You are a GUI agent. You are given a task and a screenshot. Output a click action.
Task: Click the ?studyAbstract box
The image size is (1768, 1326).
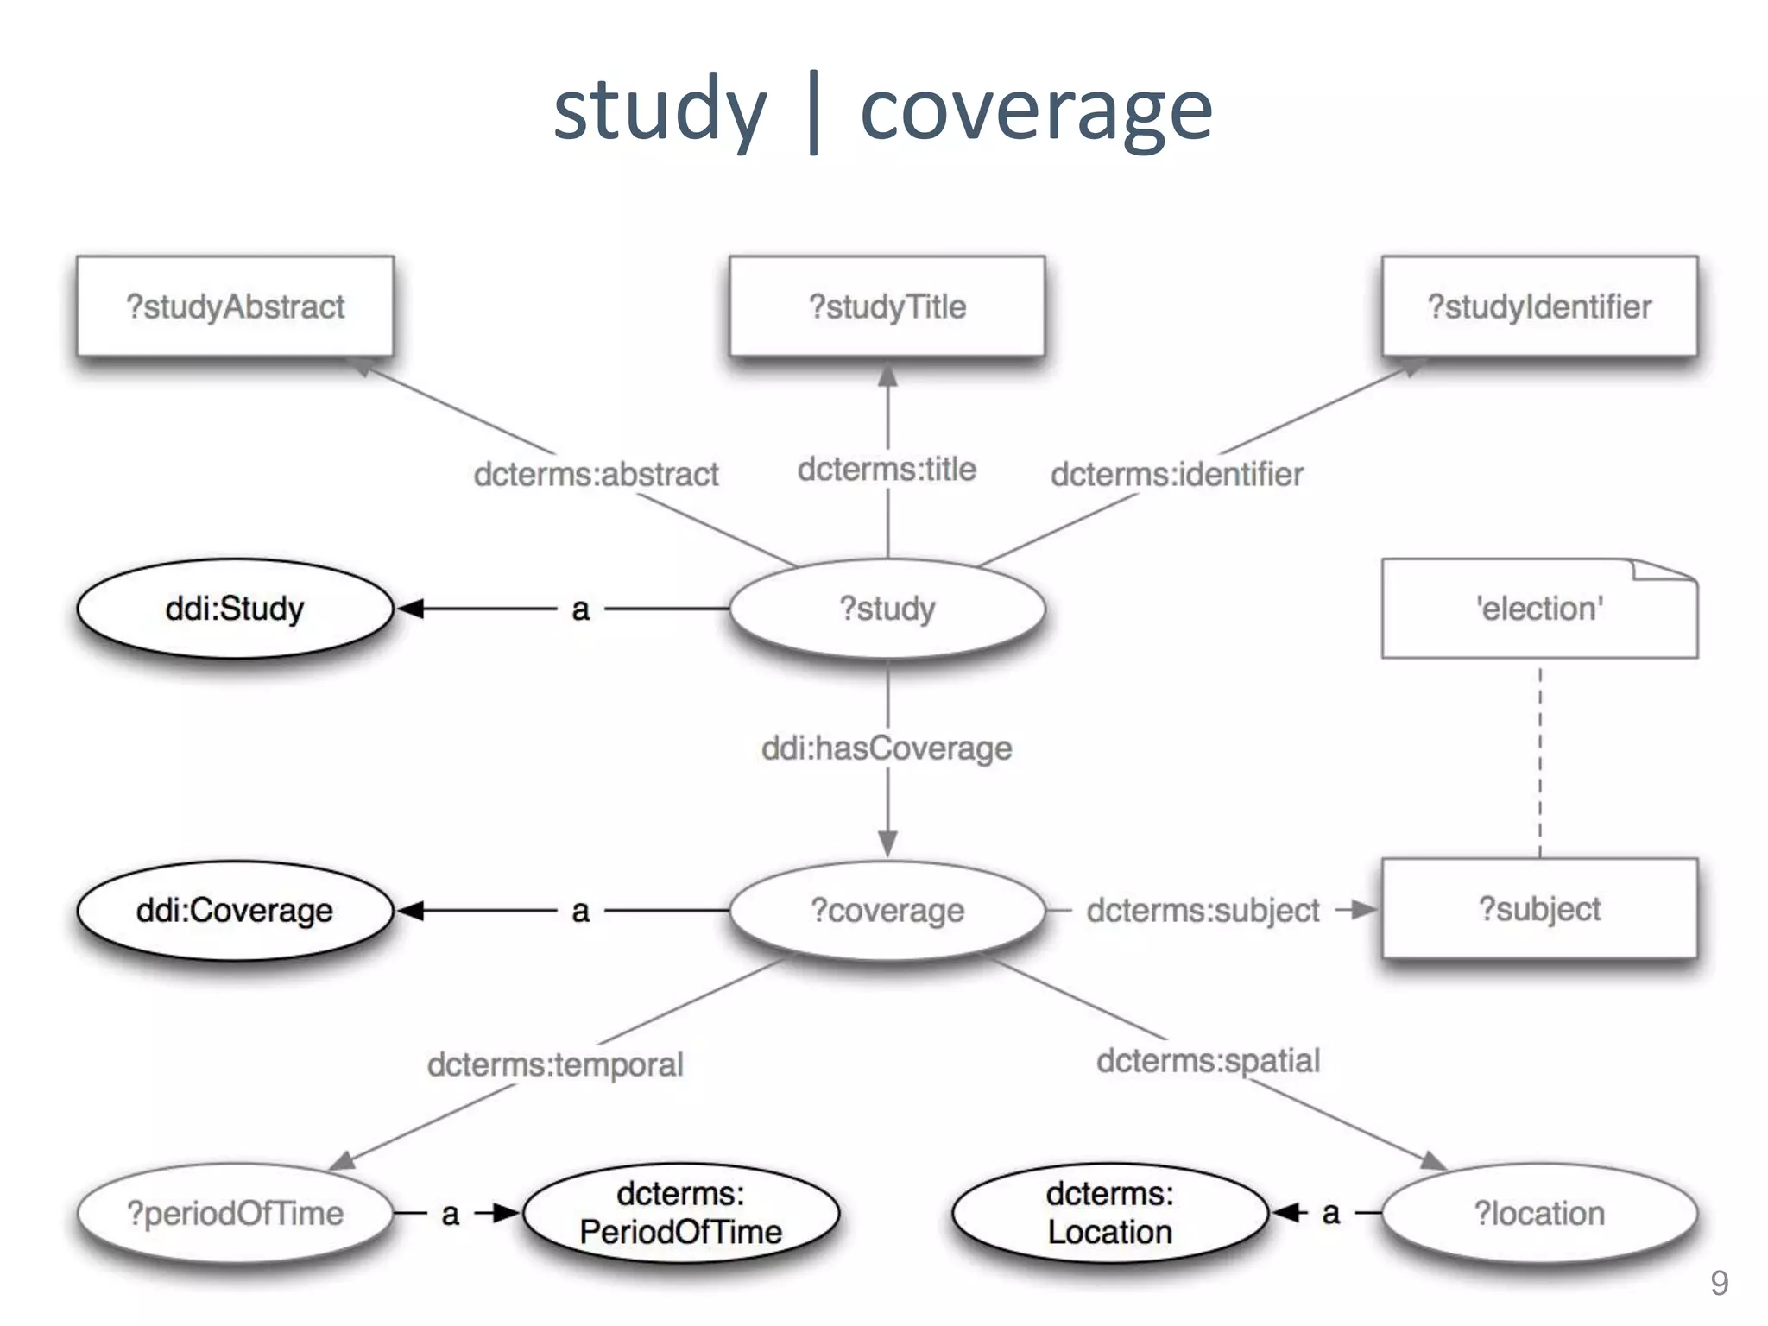pyautogui.click(x=235, y=306)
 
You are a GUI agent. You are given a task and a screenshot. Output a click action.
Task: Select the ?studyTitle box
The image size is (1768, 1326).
pyautogui.click(x=887, y=306)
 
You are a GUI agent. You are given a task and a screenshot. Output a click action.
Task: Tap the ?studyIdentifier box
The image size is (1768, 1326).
pyautogui.click(x=1539, y=306)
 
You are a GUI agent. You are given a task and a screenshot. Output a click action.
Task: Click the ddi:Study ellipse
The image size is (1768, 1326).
pyautogui.click(x=235, y=609)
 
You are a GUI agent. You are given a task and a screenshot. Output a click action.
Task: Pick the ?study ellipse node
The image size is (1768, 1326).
pyautogui.click(x=887, y=609)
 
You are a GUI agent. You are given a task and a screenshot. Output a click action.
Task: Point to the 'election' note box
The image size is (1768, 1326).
pyautogui.click(x=1539, y=609)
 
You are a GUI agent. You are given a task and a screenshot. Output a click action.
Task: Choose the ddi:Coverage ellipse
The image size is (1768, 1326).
pyautogui.click(x=235, y=910)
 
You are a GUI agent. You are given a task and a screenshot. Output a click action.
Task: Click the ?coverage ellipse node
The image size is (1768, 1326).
pyautogui.click(x=887, y=910)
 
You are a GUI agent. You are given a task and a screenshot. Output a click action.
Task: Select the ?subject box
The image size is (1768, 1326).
pyautogui.click(x=1539, y=909)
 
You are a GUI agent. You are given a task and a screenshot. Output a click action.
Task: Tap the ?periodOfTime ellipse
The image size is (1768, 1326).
pyautogui.click(x=235, y=1213)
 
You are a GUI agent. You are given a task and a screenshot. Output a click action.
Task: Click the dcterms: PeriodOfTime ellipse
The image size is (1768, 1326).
pyautogui.click(x=680, y=1213)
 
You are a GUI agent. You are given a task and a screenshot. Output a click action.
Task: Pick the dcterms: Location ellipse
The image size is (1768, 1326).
pyautogui.click(x=1109, y=1213)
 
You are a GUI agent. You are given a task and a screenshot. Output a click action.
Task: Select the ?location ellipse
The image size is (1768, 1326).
pyautogui.click(x=1539, y=1213)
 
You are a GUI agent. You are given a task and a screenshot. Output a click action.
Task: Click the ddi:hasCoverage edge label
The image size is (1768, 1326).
pyautogui.click(x=887, y=748)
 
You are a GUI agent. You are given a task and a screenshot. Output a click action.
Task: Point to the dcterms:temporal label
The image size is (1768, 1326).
pyautogui.click(x=555, y=1064)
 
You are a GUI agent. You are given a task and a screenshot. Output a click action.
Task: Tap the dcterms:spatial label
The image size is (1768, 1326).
pyautogui.click(x=1208, y=1060)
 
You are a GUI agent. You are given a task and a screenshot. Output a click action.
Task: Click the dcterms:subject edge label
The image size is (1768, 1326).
pyautogui.click(x=1203, y=910)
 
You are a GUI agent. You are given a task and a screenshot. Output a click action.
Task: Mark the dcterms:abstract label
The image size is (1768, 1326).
pyautogui.click(x=596, y=474)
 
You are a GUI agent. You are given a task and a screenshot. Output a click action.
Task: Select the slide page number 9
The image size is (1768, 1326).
pyautogui.click(x=1719, y=1283)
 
